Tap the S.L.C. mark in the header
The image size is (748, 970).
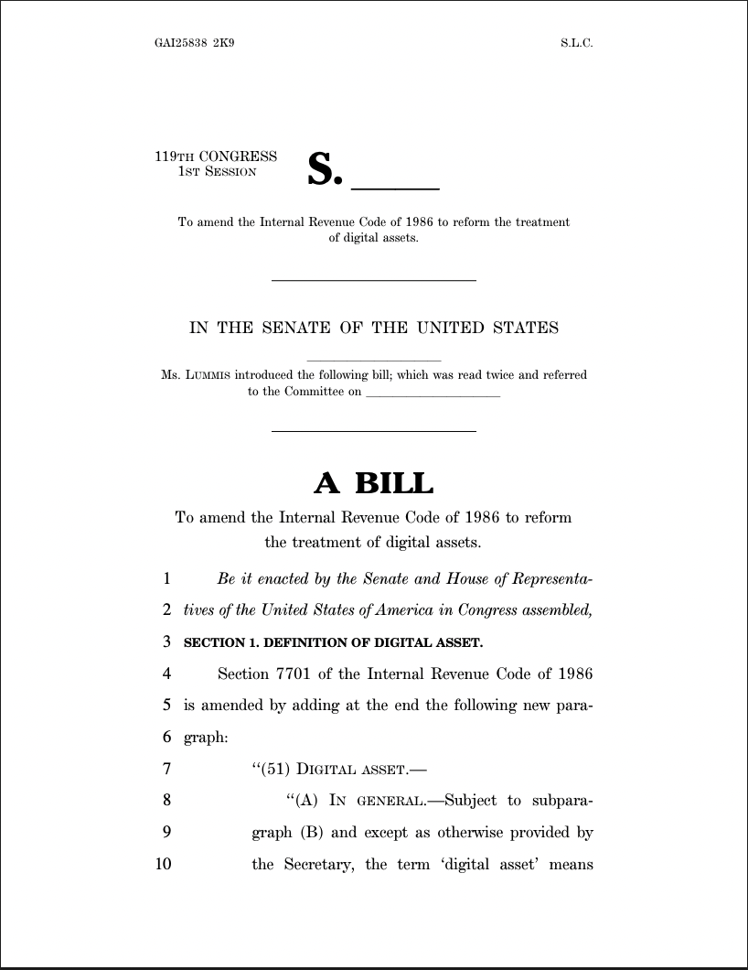(x=577, y=43)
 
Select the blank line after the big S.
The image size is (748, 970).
(x=395, y=188)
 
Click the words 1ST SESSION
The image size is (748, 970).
(x=217, y=171)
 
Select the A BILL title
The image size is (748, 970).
(x=373, y=482)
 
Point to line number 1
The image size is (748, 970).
(x=166, y=579)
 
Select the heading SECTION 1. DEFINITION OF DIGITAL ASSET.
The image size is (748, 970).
(x=333, y=643)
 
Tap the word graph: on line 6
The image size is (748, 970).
(x=205, y=738)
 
